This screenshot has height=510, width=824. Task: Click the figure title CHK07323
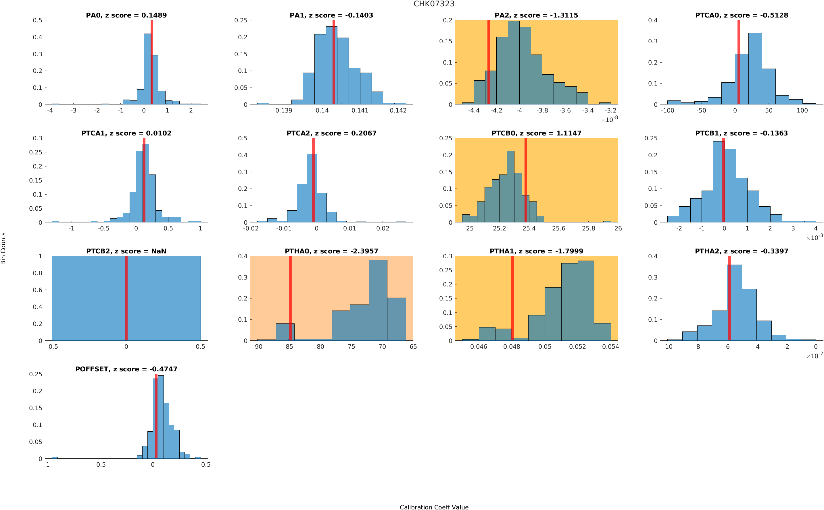[x=434, y=4]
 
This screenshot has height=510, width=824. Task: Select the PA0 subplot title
[x=126, y=15]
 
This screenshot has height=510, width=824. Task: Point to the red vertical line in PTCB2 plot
[x=126, y=298]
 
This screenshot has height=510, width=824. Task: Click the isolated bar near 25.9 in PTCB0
[x=607, y=221]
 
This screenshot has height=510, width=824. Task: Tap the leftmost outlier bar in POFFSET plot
[x=55, y=457]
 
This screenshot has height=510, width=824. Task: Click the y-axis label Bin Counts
[x=3, y=248]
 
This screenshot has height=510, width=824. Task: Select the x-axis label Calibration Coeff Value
[x=434, y=507]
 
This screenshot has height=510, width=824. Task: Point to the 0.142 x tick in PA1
[x=398, y=110]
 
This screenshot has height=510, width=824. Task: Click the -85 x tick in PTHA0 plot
[x=288, y=346]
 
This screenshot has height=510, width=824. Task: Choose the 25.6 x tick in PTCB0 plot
[x=558, y=228]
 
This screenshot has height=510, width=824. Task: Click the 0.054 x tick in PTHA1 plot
[x=610, y=346]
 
